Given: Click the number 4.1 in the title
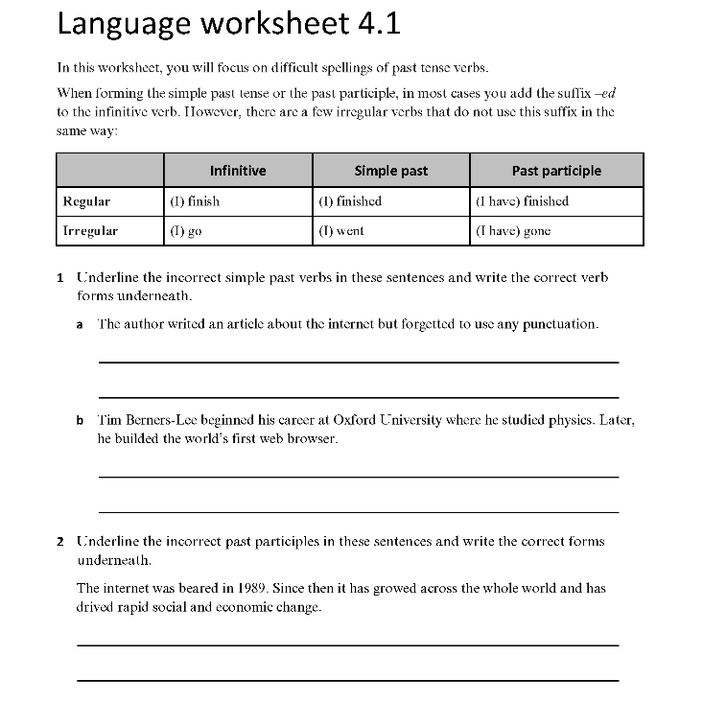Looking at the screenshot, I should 378,25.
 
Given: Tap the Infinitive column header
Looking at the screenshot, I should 238,171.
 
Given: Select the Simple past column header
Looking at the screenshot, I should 391,171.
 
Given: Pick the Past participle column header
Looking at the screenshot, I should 556,171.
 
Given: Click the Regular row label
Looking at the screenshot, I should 86,201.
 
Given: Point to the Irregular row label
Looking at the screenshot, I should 90,231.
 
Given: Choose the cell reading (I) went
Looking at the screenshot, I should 341,231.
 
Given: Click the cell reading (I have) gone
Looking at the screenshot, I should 513,231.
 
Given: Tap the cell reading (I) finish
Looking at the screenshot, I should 195,201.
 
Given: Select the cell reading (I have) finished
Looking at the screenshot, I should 522,201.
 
